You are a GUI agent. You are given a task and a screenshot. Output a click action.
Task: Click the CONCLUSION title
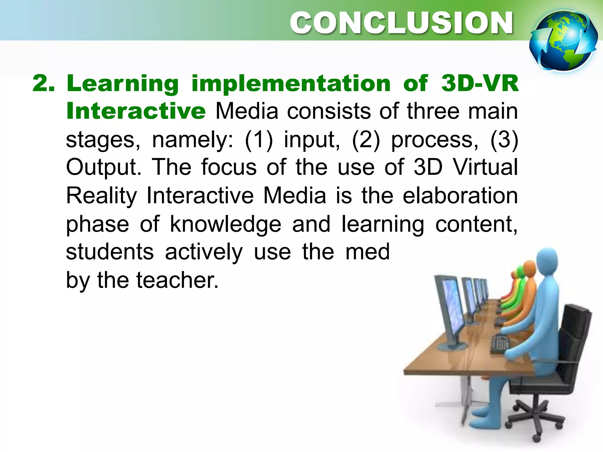click(401, 23)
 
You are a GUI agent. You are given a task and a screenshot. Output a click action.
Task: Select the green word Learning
click(123, 84)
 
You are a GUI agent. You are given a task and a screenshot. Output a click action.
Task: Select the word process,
click(435, 140)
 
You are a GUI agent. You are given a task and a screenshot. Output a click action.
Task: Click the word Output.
click(103, 167)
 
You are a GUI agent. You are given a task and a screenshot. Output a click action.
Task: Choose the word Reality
click(101, 195)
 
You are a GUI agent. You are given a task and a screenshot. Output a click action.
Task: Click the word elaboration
click(460, 195)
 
